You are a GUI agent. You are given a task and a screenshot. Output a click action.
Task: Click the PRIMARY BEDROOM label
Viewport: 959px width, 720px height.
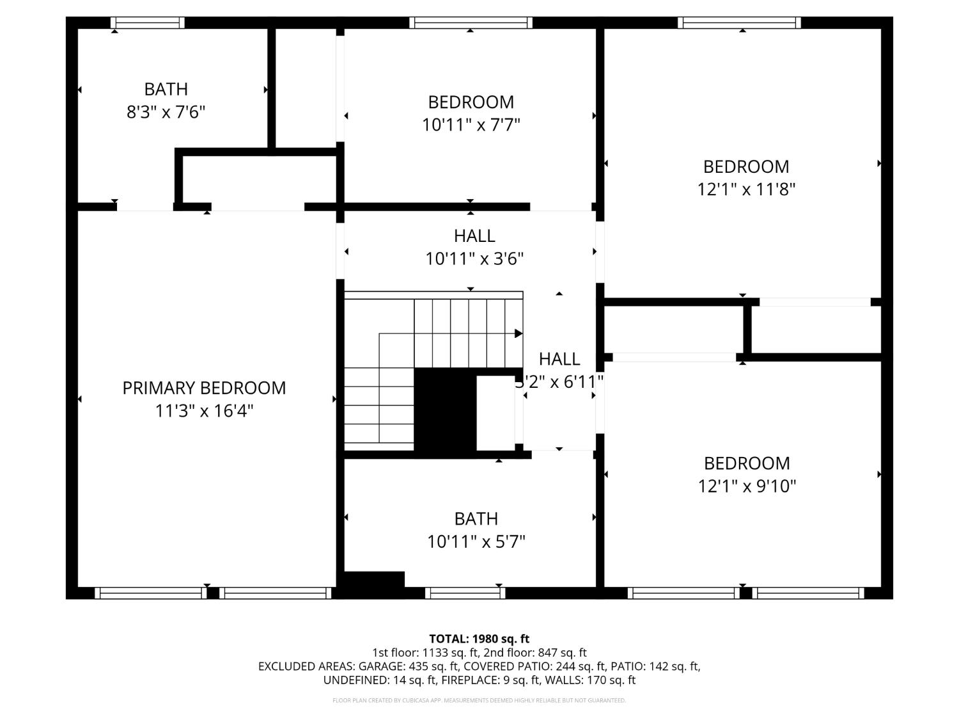point(204,388)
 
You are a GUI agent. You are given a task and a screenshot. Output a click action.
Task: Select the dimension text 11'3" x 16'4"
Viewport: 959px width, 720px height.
point(204,411)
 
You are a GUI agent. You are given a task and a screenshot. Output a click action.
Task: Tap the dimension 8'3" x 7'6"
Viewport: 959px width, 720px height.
point(166,113)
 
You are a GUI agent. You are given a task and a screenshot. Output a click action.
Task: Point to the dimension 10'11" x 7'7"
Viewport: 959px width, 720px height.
point(471,125)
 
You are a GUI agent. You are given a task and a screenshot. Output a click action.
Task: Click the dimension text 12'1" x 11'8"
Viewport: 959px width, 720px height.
point(745,189)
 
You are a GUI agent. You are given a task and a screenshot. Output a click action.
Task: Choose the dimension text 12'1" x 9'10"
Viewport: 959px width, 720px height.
point(747,486)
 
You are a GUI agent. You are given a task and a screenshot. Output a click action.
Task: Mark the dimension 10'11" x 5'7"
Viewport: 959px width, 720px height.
point(476,542)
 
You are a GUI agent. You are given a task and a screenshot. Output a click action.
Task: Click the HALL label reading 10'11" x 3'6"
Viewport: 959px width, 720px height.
point(474,236)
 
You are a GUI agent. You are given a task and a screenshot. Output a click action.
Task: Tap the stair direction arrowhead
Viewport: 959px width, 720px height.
point(518,333)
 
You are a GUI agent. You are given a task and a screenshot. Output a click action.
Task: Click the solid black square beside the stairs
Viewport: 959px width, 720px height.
point(445,413)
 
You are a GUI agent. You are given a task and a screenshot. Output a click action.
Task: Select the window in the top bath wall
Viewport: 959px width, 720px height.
point(148,23)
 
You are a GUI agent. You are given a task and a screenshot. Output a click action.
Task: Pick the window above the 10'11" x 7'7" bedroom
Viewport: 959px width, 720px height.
point(471,23)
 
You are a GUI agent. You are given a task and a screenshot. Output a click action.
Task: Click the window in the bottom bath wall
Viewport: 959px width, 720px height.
point(465,593)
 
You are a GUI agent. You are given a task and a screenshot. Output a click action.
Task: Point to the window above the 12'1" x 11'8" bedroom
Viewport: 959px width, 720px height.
point(739,23)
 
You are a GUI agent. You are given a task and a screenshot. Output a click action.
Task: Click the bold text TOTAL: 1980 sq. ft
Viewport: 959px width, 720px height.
point(479,639)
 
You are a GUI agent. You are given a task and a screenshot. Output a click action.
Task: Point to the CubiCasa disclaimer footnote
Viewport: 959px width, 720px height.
point(479,700)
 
